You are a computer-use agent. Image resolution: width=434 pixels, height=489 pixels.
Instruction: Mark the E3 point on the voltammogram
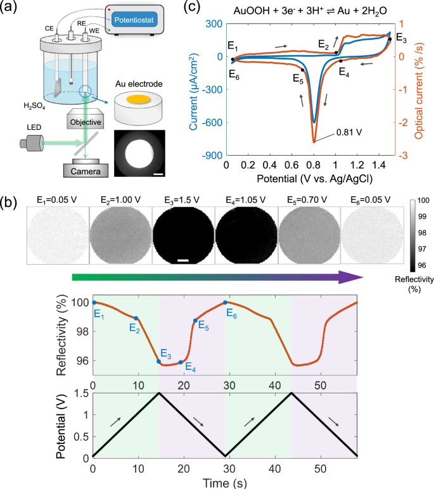390,39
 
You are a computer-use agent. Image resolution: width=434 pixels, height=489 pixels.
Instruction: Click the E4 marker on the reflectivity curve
181,362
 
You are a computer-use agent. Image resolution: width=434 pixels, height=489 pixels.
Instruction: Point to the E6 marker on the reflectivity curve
226,302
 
